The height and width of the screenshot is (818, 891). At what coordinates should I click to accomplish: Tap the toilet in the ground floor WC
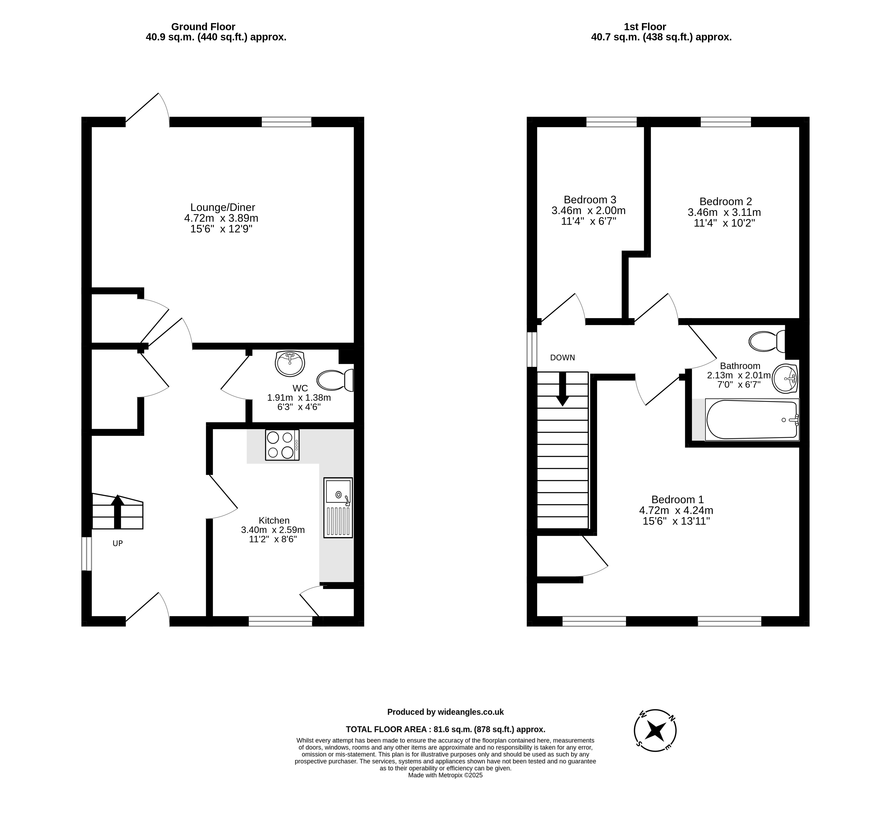coord(335,380)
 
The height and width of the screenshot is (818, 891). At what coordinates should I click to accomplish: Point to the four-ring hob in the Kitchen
coord(282,445)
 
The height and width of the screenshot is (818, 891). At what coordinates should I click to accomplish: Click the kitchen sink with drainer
coord(338,508)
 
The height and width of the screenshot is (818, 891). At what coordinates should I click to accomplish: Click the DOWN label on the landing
coord(562,358)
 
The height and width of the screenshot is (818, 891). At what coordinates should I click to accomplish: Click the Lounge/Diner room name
coord(223,207)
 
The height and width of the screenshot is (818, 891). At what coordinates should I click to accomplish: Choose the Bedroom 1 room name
coord(678,500)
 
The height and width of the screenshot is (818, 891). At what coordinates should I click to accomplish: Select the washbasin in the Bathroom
coord(785,379)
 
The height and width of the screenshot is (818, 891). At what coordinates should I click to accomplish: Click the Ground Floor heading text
coord(203,27)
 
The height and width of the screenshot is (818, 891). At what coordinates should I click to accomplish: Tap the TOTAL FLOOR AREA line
coord(446,729)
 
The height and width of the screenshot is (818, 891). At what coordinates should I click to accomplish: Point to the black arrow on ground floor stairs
coord(117,512)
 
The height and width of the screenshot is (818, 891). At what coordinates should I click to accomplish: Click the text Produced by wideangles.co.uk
coord(446,712)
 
